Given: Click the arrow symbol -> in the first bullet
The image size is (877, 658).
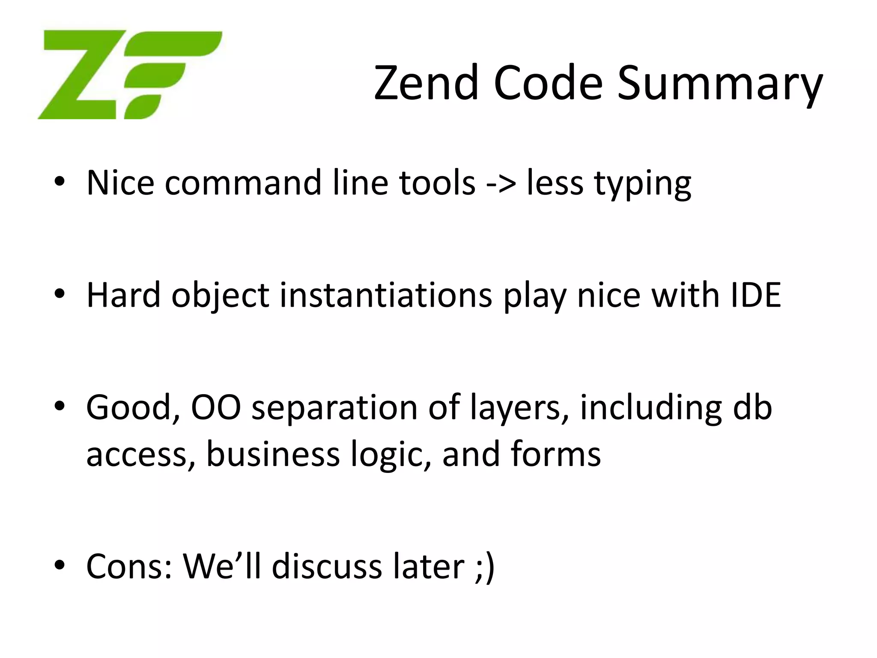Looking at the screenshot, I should click(501, 183).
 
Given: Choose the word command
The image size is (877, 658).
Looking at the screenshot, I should click(243, 183).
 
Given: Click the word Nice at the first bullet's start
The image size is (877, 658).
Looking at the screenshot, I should click(120, 183).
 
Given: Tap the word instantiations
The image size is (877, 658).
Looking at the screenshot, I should click(386, 295).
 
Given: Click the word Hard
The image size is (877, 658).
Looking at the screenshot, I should click(123, 295).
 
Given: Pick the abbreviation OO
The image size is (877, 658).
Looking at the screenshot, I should click(216, 407).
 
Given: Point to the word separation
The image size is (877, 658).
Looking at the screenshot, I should click(334, 409).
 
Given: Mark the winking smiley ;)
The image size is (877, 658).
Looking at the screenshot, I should click(485, 567).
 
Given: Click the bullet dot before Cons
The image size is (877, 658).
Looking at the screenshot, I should click(60, 565).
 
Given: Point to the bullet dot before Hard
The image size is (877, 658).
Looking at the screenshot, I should click(60, 294).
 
